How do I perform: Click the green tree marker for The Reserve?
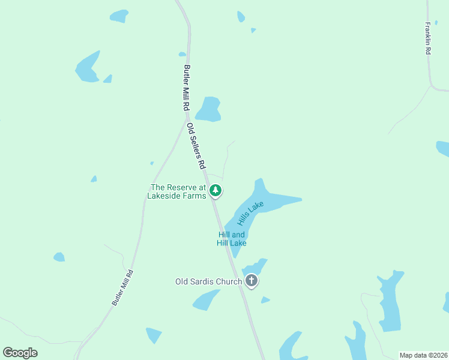tap(216, 191)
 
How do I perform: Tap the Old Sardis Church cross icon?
tap(252, 280)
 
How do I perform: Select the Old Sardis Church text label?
tap(208, 281)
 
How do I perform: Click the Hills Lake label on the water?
tap(251, 213)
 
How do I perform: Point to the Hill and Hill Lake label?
tap(232, 239)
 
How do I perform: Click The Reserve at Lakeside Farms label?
tap(178, 191)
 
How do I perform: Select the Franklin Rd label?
tap(428, 39)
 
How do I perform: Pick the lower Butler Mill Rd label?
tap(122, 287)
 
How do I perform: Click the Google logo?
tap(20, 352)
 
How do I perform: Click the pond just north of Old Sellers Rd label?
tap(208, 109)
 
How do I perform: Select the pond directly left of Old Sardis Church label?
tap(206, 299)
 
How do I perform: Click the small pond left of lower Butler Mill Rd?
tap(59, 257)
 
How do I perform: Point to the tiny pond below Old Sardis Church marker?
tap(265, 299)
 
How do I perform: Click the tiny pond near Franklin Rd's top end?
tap(436, 23)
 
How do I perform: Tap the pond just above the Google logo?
tap(154, 334)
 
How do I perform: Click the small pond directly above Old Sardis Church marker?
tap(255, 267)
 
